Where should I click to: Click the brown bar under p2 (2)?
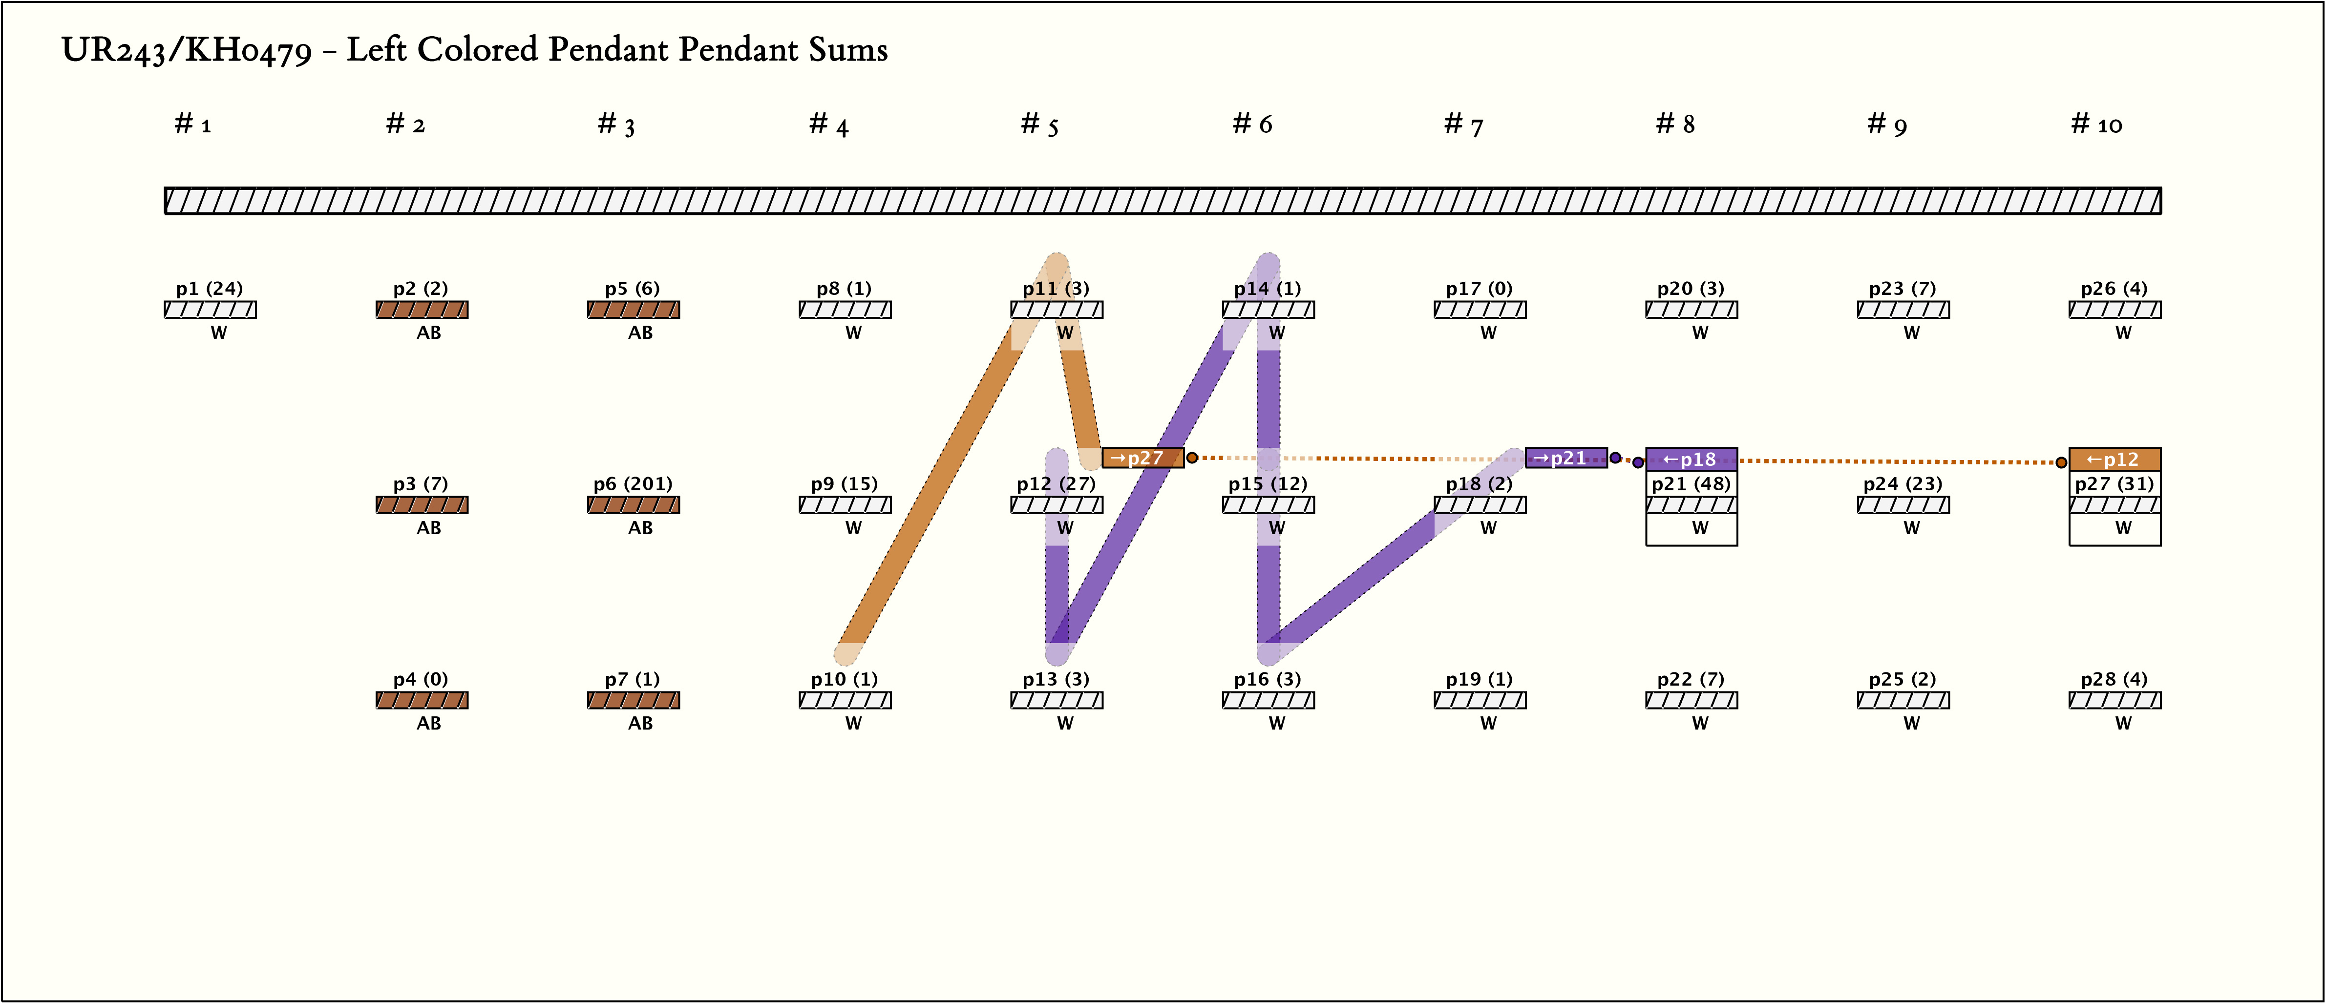pyautogui.click(x=422, y=310)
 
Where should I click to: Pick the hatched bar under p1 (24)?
pyautogui.click(x=211, y=310)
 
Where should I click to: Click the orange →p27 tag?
pyautogui.click(x=1142, y=458)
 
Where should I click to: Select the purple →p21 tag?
pyautogui.click(x=1565, y=458)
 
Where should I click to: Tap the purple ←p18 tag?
pyautogui.click(x=1691, y=459)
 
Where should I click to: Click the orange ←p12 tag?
pyautogui.click(x=2114, y=459)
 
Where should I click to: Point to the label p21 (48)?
pyautogui.click(x=1691, y=484)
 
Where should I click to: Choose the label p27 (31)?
pyautogui.click(x=2114, y=484)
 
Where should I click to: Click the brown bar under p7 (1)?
pyautogui.click(x=633, y=700)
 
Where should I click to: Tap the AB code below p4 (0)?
pyautogui.click(x=429, y=723)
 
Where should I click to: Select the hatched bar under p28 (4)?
pyautogui.click(x=2114, y=700)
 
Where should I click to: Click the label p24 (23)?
pyautogui.click(x=1903, y=484)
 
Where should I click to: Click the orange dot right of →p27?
pyautogui.click(x=1192, y=458)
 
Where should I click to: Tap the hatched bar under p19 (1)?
pyautogui.click(x=1479, y=700)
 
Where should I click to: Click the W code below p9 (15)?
pyautogui.click(x=853, y=528)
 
